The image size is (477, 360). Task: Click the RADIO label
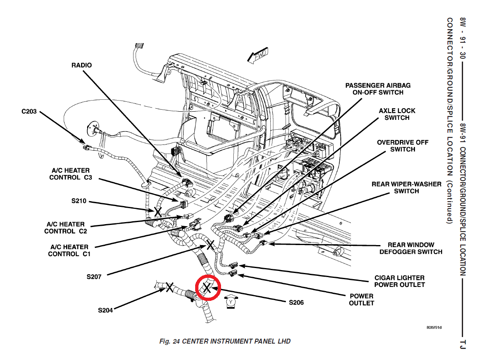pyautogui.click(x=81, y=65)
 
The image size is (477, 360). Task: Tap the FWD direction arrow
pyautogui.click(x=258, y=55)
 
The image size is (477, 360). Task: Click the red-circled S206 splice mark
pyautogui.click(x=207, y=288)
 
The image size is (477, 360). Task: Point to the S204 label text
pyautogui.click(x=105, y=310)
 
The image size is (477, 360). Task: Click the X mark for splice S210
pyautogui.click(x=157, y=212)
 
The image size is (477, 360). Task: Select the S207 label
pyautogui.click(x=94, y=277)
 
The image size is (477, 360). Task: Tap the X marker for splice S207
pyautogui.click(x=210, y=245)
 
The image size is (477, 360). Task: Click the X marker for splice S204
pyautogui.click(x=169, y=287)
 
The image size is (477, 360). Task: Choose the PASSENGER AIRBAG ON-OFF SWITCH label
pyautogui.click(x=378, y=89)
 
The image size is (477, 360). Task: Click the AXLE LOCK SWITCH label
pyautogui.click(x=397, y=114)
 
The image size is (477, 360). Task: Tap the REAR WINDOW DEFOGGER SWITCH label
pyautogui.click(x=411, y=248)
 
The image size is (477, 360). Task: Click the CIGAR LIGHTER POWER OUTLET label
pyautogui.click(x=399, y=281)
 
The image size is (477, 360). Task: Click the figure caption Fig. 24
pyautogui.click(x=225, y=342)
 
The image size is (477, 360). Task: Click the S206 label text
pyautogui.click(x=296, y=303)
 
